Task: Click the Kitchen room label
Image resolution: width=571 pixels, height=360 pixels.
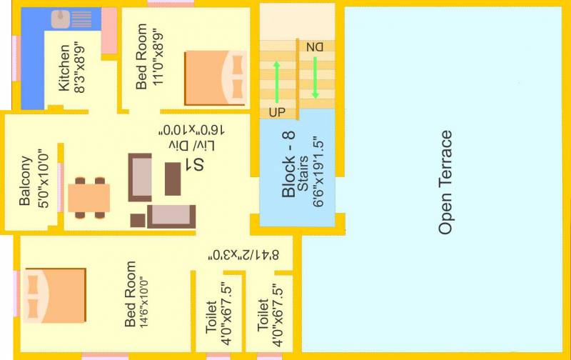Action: (64, 68)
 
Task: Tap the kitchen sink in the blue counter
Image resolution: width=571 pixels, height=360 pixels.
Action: (61, 19)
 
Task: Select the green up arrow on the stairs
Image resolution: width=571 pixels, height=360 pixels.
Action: (277, 82)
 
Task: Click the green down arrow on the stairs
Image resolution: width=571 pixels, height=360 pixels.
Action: (315, 78)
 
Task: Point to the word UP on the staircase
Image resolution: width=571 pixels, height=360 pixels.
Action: (277, 113)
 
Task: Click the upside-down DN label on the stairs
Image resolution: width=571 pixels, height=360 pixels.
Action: (315, 47)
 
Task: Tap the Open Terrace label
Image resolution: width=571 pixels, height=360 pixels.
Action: (445, 182)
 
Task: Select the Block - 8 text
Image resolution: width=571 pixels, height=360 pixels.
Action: (288, 164)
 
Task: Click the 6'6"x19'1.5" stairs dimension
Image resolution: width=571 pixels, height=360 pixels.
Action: (318, 173)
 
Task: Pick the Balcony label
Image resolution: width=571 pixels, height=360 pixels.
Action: (25, 181)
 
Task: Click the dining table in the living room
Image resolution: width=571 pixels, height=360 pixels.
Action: (89, 198)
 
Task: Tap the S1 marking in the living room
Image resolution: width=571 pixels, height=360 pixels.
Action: (194, 164)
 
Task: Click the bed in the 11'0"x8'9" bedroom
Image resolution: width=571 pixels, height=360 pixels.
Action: (216, 78)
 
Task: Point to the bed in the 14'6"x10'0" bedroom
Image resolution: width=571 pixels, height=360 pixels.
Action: (55, 296)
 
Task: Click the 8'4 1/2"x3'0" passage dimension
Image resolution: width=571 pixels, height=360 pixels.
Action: (243, 255)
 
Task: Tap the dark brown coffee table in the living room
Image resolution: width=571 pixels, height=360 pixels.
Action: (173, 179)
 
